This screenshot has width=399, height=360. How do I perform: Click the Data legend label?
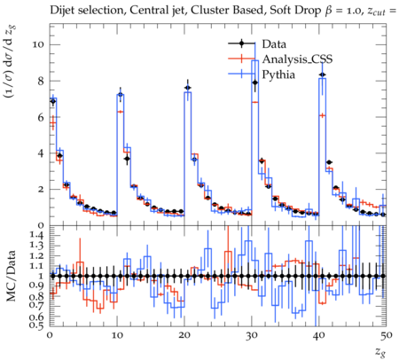click(x=274, y=44)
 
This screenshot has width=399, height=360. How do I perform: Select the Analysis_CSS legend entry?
click(x=297, y=59)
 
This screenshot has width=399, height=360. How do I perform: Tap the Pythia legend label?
click(x=278, y=74)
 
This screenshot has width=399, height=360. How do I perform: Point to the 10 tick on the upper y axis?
click(x=38, y=44)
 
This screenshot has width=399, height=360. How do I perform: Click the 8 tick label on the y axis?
click(x=41, y=81)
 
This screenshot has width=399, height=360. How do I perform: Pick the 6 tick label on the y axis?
click(x=41, y=117)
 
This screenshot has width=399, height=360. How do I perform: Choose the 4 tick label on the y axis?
click(x=41, y=153)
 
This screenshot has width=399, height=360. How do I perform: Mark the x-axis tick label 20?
click(x=184, y=335)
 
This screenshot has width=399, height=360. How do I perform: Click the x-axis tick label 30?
click(x=252, y=335)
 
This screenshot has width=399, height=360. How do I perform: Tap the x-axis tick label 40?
click(x=319, y=335)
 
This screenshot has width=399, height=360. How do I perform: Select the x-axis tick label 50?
click(x=386, y=335)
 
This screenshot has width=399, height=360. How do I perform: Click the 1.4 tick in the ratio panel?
click(x=37, y=236)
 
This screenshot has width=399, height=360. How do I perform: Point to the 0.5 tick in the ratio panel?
click(x=37, y=325)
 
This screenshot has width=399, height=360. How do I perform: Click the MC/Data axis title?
click(x=11, y=276)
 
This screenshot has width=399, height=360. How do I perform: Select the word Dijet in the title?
click(x=62, y=11)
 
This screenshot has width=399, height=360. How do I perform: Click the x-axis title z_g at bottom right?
click(x=381, y=352)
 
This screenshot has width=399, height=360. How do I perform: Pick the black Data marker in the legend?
click(x=242, y=43)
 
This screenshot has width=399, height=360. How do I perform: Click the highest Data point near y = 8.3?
click(x=323, y=74)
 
